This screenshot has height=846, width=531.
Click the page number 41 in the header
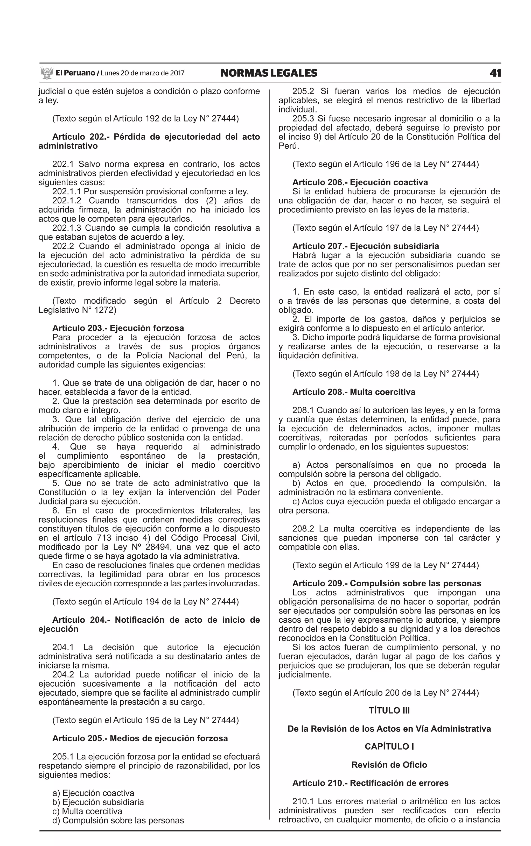click(x=495, y=73)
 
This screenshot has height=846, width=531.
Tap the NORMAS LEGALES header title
click(x=269, y=73)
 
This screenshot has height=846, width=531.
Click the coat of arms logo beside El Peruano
click(x=46, y=73)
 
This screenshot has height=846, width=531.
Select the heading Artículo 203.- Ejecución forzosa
click(x=118, y=328)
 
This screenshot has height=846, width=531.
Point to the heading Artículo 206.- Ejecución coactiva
click(x=360, y=182)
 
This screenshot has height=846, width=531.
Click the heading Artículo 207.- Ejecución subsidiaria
click(x=366, y=246)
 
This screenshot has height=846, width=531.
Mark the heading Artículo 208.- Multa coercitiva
click(x=354, y=392)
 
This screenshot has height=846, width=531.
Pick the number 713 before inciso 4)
click(x=104, y=538)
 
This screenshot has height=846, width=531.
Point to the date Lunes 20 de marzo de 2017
click(x=142, y=73)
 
